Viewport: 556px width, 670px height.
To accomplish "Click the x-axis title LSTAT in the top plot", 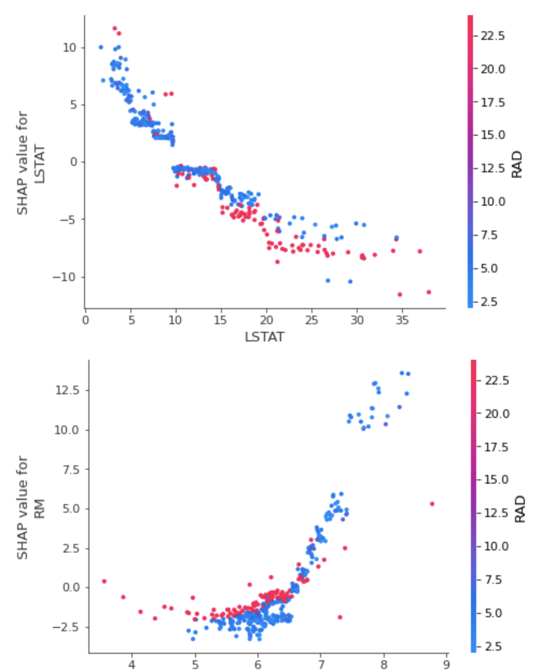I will pos(264,337).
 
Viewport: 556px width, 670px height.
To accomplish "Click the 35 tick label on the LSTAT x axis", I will pos(402,320).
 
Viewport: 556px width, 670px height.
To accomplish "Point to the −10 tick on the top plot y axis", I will pos(65,277).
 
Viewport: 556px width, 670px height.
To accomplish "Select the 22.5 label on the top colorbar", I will pos(492,36).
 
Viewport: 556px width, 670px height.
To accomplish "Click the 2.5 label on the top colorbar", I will pos(489,302).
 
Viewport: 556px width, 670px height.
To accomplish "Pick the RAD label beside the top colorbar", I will pos(517,164).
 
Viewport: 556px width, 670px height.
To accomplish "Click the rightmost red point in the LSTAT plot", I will pos(429,292).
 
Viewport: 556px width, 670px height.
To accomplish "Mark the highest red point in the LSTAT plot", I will pos(114,28).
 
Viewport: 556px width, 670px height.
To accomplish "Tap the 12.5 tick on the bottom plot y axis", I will pos(67,390).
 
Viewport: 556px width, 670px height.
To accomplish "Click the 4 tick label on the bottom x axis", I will pos(131,665).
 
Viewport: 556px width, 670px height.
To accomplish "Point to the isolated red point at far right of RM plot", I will pos(432,504).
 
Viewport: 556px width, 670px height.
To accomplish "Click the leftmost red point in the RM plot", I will pos(104,581).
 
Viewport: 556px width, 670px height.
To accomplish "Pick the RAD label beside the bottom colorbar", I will pos(519,509).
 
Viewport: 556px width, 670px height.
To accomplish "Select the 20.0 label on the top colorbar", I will pos(492,69).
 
